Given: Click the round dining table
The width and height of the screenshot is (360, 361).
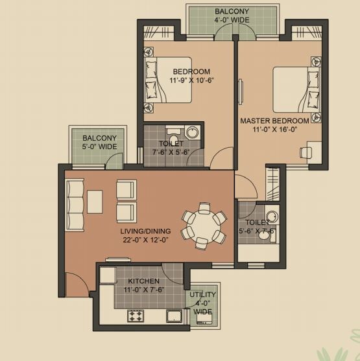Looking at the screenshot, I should tap(203, 225).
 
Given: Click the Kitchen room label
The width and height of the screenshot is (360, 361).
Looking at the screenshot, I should tap(143, 281).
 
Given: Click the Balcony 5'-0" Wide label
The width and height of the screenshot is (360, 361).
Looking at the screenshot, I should tap(99, 142).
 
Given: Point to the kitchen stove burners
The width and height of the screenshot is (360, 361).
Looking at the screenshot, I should tap(136, 316).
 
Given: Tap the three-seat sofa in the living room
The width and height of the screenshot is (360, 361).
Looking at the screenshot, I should tap(75, 203).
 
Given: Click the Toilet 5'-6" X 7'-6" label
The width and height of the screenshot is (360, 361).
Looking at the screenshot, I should tap(258, 227).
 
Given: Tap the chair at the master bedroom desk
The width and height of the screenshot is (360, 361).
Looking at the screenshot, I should tap(304, 153).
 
